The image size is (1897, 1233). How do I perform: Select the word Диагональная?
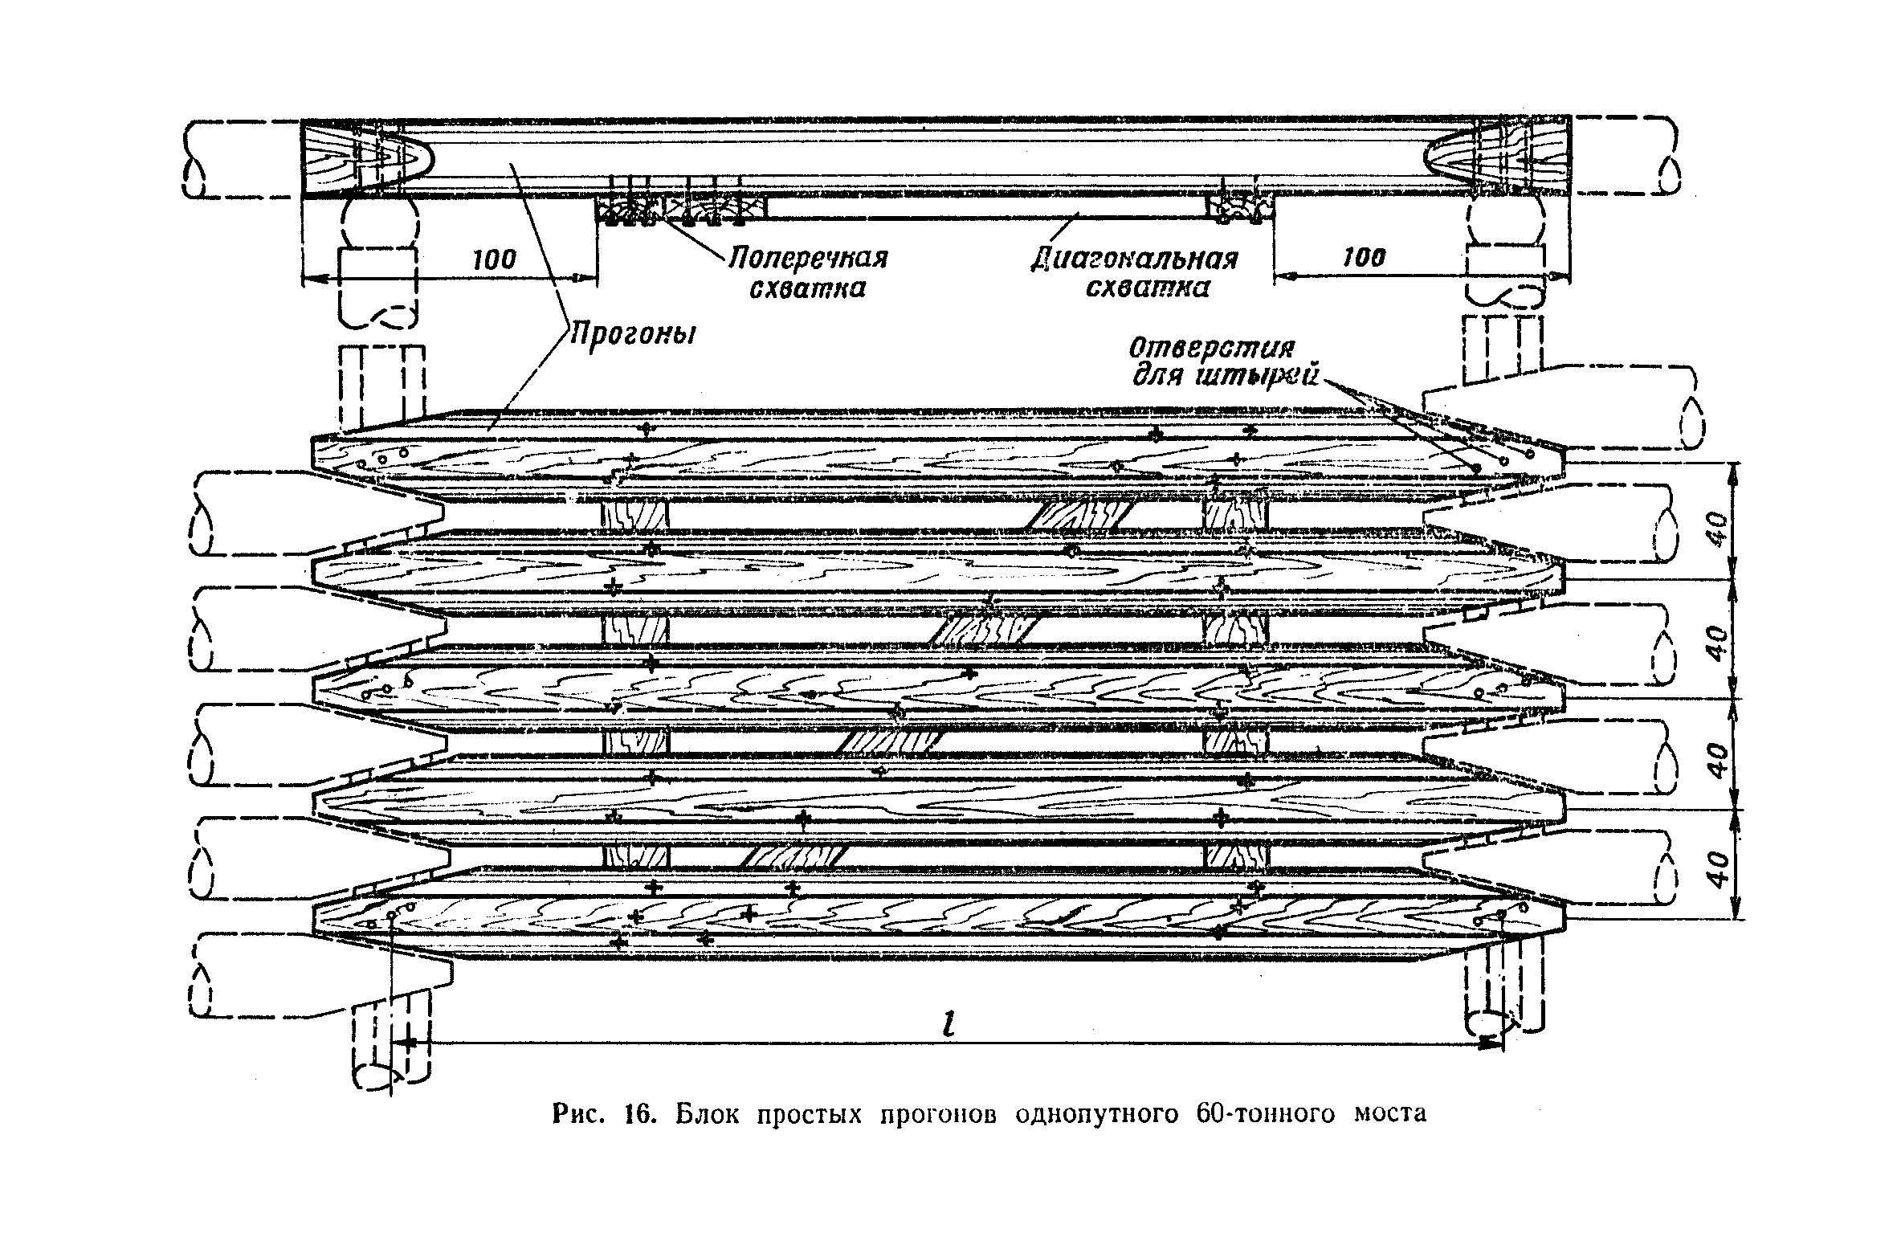pos(1135,259)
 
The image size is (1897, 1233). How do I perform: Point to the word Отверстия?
pos(1212,349)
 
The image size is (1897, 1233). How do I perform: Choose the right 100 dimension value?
pos(1364,258)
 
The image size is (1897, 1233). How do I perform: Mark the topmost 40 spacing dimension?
pos(1715,531)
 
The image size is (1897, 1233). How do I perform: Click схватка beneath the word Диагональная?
pos(1147,288)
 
